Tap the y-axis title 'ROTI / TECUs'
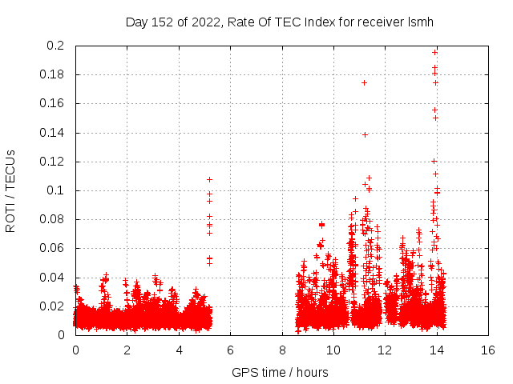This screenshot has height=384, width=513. [x=10, y=190]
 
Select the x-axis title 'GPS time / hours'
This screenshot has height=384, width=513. [x=280, y=372]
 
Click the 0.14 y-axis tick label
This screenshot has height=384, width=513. [x=54, y=133]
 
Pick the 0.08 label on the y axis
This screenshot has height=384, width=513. [x=54, y=219]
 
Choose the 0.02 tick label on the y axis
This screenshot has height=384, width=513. [x=54, y=306]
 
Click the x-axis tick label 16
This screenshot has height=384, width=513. [x=487, y=350]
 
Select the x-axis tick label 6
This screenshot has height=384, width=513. [x=230, y=350]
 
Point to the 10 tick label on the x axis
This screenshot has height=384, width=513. [x=333, y=350]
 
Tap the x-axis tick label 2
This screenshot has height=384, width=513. [x=127, y=350]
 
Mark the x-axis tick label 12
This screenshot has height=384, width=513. [x=385, y=350]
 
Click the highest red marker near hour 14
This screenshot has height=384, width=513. [x=435, y=52]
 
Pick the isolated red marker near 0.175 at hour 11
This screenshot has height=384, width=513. [x=364, y=82]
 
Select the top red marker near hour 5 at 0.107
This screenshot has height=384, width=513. [x=209, y=179]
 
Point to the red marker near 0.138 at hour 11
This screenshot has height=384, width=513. [x=365, y=134]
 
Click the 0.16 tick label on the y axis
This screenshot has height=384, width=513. [x=54, y=104]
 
